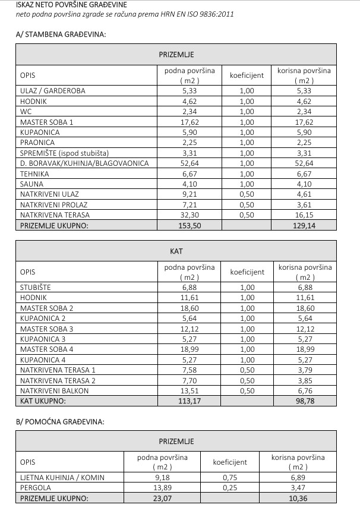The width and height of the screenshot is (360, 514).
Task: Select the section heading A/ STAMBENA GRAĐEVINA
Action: point(61,34)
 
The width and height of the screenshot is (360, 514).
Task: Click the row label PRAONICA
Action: point(37,143)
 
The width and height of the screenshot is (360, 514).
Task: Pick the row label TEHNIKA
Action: point(34,174)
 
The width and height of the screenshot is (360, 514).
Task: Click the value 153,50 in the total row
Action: point(190,226)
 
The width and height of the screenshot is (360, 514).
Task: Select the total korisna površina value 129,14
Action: point(304,226)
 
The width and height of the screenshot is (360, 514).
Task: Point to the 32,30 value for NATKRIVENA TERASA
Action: point(190,215)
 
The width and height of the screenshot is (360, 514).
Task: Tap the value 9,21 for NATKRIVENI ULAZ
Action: point(190,194)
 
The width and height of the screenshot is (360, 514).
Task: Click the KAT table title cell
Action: point(176,251)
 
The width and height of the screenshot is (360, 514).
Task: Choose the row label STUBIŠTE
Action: point(36,288)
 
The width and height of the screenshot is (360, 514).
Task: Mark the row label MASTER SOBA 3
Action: point(47,329)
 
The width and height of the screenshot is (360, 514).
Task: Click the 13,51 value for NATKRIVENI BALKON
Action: point(190,391)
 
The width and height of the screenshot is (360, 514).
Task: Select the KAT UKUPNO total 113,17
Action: point(190,401)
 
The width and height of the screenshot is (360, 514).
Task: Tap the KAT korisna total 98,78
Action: point(304,401)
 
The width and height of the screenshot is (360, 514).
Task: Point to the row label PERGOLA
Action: point(35,487)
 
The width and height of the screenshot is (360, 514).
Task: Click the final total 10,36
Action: point(298,498)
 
